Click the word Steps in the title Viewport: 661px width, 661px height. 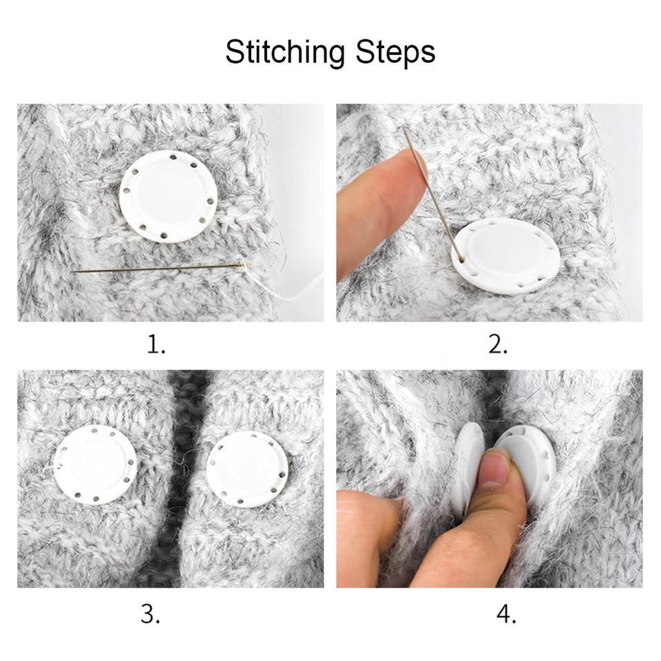click(395, 53)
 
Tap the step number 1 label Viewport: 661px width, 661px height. click(156, 344)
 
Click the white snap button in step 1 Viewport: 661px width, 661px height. click(169, 196)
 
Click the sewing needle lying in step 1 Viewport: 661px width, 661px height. click(161, 268)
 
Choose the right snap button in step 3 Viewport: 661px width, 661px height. click(248, 469)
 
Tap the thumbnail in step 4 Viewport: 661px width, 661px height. click(496, 469)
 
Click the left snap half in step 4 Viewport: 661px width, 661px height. click(468, 468)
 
